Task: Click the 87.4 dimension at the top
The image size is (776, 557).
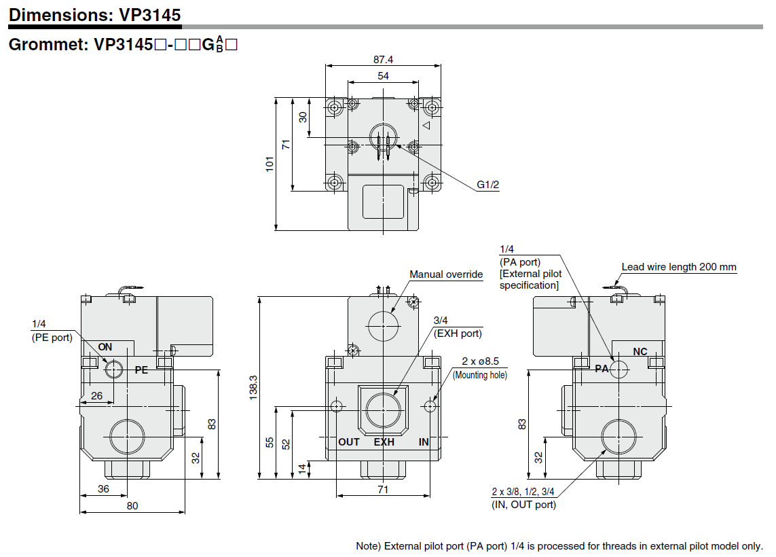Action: click(384, 60)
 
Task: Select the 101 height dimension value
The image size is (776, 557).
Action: click(270, 163)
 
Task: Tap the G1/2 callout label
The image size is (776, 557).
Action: click(487, 185)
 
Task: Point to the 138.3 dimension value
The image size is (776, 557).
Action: click(253, 387)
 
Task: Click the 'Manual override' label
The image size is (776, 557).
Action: click(446, 274)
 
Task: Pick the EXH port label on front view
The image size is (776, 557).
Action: click(384, 442)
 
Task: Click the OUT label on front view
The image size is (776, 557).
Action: click(349, 442)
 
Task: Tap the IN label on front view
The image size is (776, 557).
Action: click(424, 442)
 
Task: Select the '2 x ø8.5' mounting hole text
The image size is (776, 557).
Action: click(480, 362)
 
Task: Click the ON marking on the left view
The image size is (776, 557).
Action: click(105, 347)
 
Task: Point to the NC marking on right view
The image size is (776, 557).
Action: click(640, 352)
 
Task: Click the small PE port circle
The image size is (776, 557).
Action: click(113, 370)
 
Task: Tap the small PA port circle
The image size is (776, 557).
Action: click(619, 369)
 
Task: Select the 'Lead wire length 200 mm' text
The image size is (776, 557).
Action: click(679, 267)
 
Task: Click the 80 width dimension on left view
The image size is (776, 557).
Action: click(132, 505)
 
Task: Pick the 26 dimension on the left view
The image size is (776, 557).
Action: click(97, 396)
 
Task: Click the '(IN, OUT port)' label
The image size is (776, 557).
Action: click(523, 504)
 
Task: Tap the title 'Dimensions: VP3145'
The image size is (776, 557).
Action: click(95, 14)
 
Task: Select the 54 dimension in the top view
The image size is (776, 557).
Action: click(384, 76)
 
